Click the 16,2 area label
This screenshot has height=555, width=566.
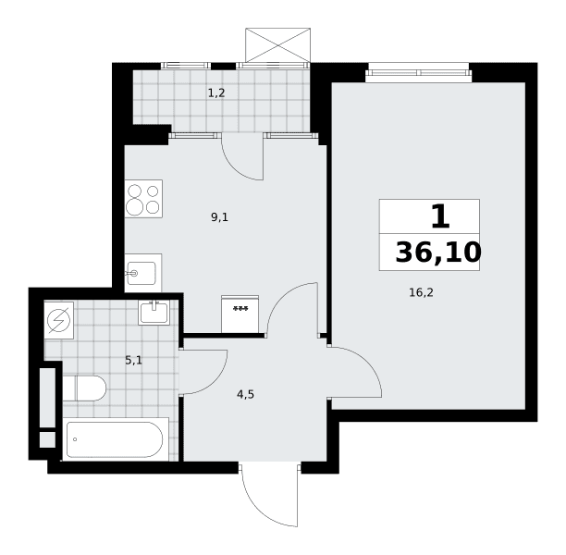(x=421, y=292)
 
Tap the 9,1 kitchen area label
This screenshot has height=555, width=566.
(x=219, y=217)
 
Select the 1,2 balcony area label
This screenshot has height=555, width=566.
(x=216, y=93)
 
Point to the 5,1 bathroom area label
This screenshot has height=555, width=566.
(x=133, y=360)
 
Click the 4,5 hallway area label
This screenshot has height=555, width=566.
(x=245, y=395)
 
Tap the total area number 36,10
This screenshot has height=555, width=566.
(x=438, y=252)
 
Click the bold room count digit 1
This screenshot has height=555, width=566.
(x=440, y=216)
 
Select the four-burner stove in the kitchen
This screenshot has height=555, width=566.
(x=143, y=199)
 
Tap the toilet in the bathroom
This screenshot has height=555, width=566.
(x=84, y=388)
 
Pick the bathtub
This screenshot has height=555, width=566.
(x=116, y=439)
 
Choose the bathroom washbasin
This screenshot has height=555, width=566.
(x=154, y=313)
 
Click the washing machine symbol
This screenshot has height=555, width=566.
(x=59, y=320)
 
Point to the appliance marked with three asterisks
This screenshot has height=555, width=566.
(x=240, y=314)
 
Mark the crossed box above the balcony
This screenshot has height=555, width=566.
(x=277, y=45)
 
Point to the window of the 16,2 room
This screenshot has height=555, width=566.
(x=419, y=72)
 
